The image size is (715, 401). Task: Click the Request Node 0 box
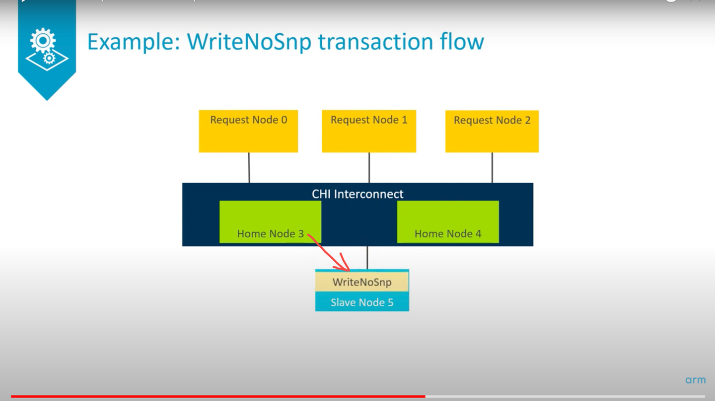248,131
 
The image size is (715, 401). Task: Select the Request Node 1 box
369,131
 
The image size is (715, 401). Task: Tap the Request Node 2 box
492,131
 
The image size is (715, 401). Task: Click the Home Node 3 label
270,234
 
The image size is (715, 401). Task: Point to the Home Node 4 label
448,234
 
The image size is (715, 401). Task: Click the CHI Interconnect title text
357,194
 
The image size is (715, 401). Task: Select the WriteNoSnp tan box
362,282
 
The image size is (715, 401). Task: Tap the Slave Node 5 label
362,302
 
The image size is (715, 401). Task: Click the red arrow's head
345,267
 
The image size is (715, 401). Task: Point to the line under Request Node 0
249,168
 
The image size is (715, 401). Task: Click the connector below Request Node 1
369,168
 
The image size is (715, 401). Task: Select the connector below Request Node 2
492,168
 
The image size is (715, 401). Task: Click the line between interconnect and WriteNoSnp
367,258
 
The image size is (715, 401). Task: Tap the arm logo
695,380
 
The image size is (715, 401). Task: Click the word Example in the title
131,42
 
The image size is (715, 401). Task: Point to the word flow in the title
462,42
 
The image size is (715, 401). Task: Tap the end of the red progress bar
425,397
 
